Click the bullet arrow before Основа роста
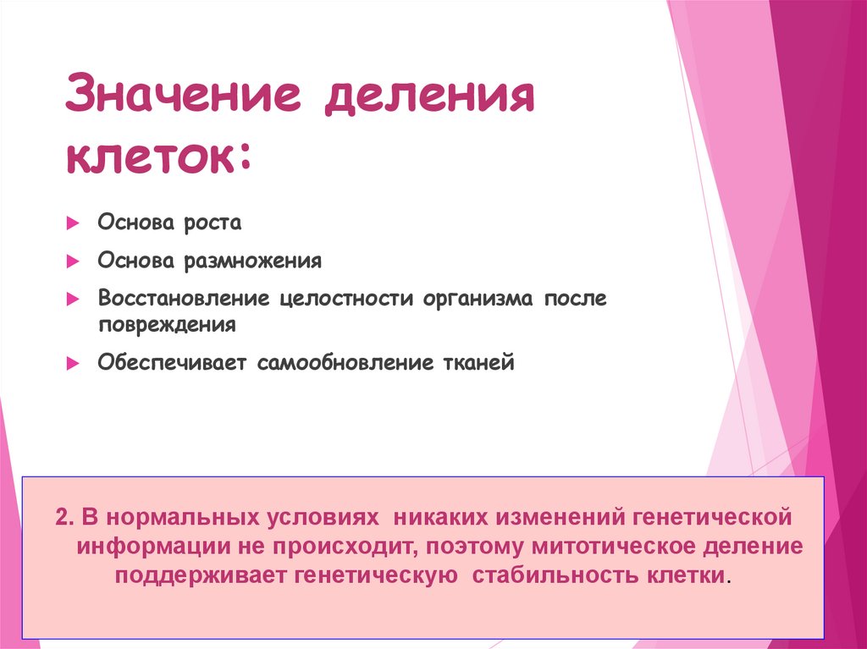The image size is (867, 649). pyautogui.click(x=73, y=224)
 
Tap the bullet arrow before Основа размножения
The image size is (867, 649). pyautogui.click(x=73, y=261)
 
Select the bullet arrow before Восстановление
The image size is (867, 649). pyautogui.click(x=73, y=300)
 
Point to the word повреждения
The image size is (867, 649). pyautogui.click(x=166, y=324)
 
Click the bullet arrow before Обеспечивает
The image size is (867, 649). pyautogui.click(x=73, y=364)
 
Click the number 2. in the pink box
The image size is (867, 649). pyautogui.click(x=66, y=516)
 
